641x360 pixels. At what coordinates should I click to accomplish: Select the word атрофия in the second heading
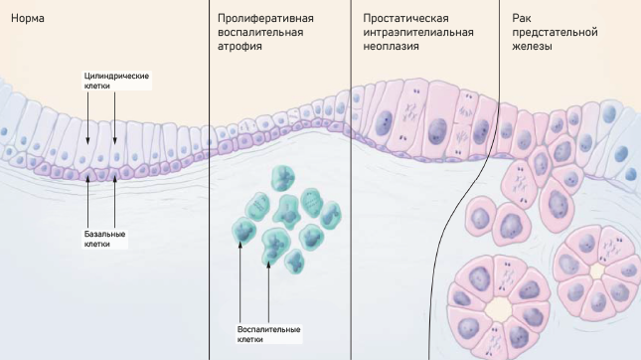pyautogui.click(x=240, y=47)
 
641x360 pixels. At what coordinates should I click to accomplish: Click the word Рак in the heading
pyautogui.click(x=520, y=19)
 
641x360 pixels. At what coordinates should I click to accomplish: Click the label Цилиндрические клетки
pyautogui.click(x=115, y=81)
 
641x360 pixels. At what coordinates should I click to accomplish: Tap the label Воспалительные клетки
pyautogui.click(x=269, y=333)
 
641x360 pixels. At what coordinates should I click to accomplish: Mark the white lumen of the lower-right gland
pyautogui.click(x=596, y=270)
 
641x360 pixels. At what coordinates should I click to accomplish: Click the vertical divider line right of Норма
pyautogui.click(x=209, y=179)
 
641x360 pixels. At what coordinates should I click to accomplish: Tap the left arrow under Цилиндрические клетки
pyautogui.click(x=88, y=119)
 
